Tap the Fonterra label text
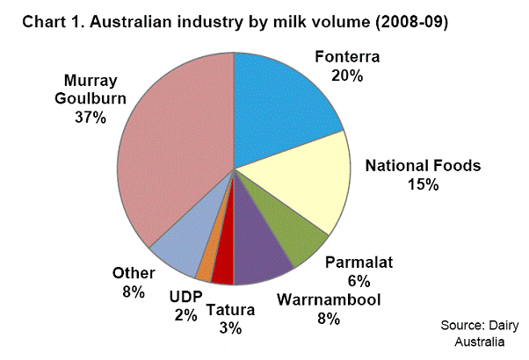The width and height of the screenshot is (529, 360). pos(350,58)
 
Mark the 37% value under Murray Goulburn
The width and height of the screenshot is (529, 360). pos(91,117)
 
